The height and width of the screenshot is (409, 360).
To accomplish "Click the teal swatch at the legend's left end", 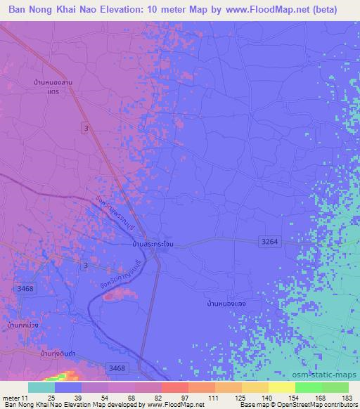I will (x=41, y=387).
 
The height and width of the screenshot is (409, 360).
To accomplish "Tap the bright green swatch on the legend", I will (x=309, y=387).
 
